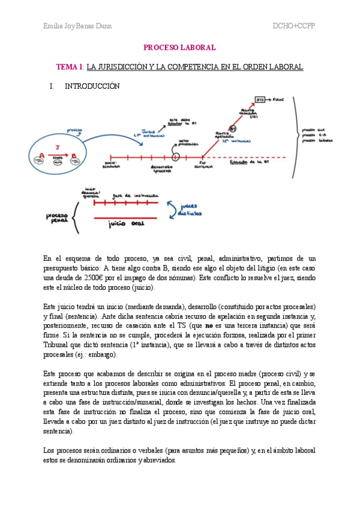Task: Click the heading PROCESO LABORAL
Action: click(x=179, y=47)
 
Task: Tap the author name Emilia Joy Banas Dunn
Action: click(x=77, y=26)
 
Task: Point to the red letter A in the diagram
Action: click(x=41, y=156)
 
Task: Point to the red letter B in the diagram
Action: click(x=73, y=156)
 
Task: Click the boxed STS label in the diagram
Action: click(x=260, y=99)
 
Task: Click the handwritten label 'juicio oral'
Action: click(x=125, y=224)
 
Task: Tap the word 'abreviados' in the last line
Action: click(x=157, y=460)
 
